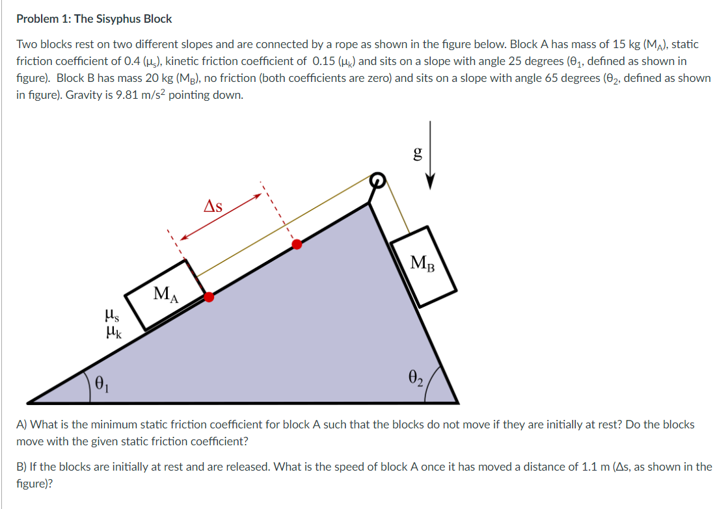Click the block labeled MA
tap(165, 295)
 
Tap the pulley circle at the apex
tap(377, 180)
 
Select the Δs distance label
tap(213, 207)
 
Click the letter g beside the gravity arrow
tap(418, 153)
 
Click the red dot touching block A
tap(209, 297)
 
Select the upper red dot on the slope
tap(297, 244)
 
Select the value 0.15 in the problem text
tap(326, 61)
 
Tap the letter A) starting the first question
tap(21, 424)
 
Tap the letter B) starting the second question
tap(21, 467)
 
